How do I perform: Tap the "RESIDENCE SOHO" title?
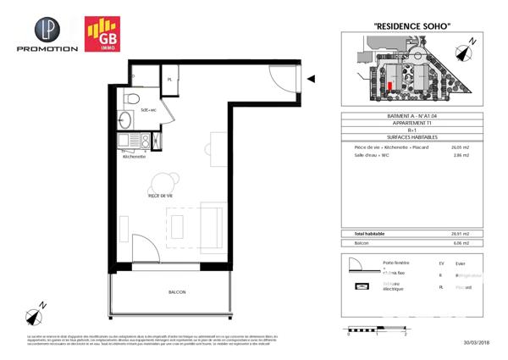coord(411,27)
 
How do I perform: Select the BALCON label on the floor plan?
coord(177,292)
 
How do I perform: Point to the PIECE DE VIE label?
coord(161,196)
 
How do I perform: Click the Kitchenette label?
coord(135,158)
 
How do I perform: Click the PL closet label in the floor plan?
coord(170,80)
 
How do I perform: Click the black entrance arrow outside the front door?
coord(311,79)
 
